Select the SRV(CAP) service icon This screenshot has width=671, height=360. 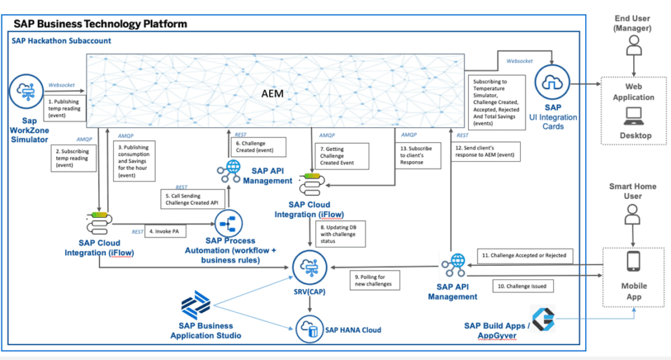pos(308,266)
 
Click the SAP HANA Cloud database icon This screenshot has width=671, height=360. pos(309,330)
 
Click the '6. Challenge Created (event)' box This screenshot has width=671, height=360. pos(260,146)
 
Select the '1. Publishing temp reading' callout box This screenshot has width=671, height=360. pos(64,109)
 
